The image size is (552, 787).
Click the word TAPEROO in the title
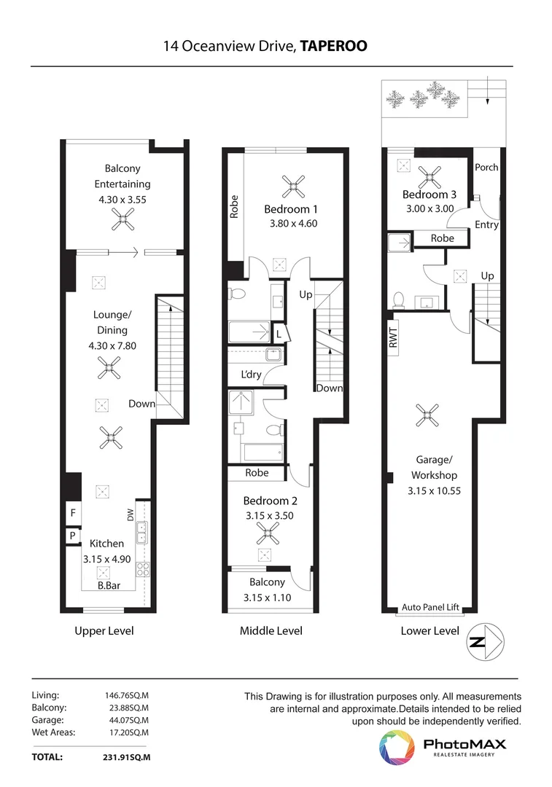coord(333,47)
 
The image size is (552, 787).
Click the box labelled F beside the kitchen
coord(72,513)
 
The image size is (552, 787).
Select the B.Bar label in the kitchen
coord(109,585)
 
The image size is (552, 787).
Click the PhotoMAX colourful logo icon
coord(396,748)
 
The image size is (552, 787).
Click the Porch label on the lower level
coord(486,167)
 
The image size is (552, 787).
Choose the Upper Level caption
coord(104,630)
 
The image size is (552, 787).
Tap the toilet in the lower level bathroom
coord(399,299)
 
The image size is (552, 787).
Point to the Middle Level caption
coord(271,630)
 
